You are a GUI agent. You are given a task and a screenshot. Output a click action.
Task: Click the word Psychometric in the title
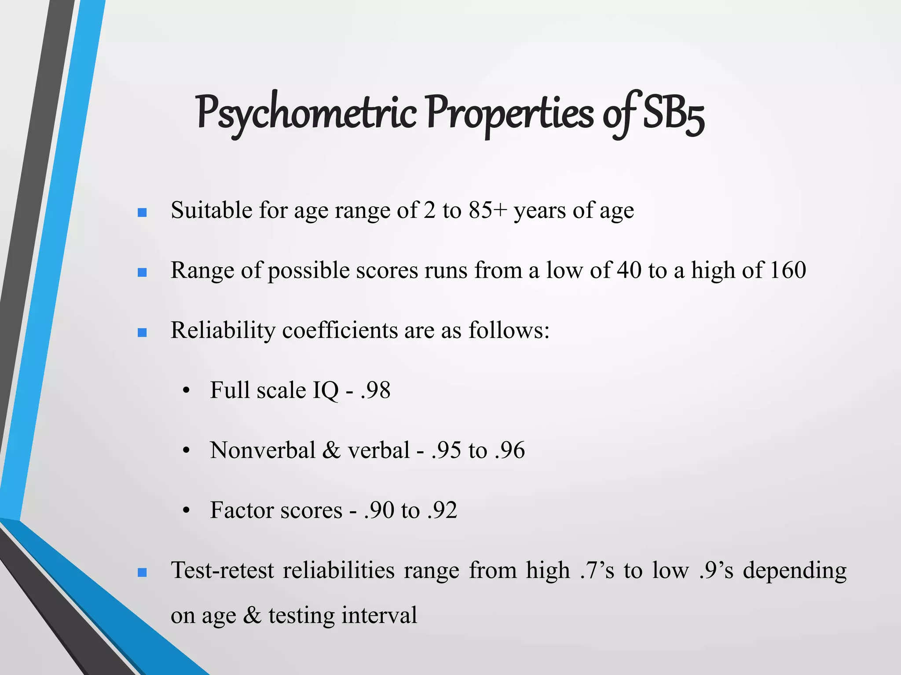coord(306,113)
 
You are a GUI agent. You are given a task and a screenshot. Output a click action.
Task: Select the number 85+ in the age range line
coord(487,210)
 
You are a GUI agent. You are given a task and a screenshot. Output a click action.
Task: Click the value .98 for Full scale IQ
coord(375,390)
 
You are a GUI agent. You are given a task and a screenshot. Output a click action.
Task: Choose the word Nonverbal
coord(263,450)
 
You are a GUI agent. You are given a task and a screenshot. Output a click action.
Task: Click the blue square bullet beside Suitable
coord(142,213)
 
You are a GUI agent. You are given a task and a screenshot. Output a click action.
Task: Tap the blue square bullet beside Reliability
coord(142,333)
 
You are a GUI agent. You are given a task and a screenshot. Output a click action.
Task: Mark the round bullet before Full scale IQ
coord(187,391)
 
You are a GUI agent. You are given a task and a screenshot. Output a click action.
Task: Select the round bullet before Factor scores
coord(187,511)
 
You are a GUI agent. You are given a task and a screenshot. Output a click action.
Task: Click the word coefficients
coord(340,330)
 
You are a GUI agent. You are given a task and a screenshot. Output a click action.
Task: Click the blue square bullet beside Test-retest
coord(142,573)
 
